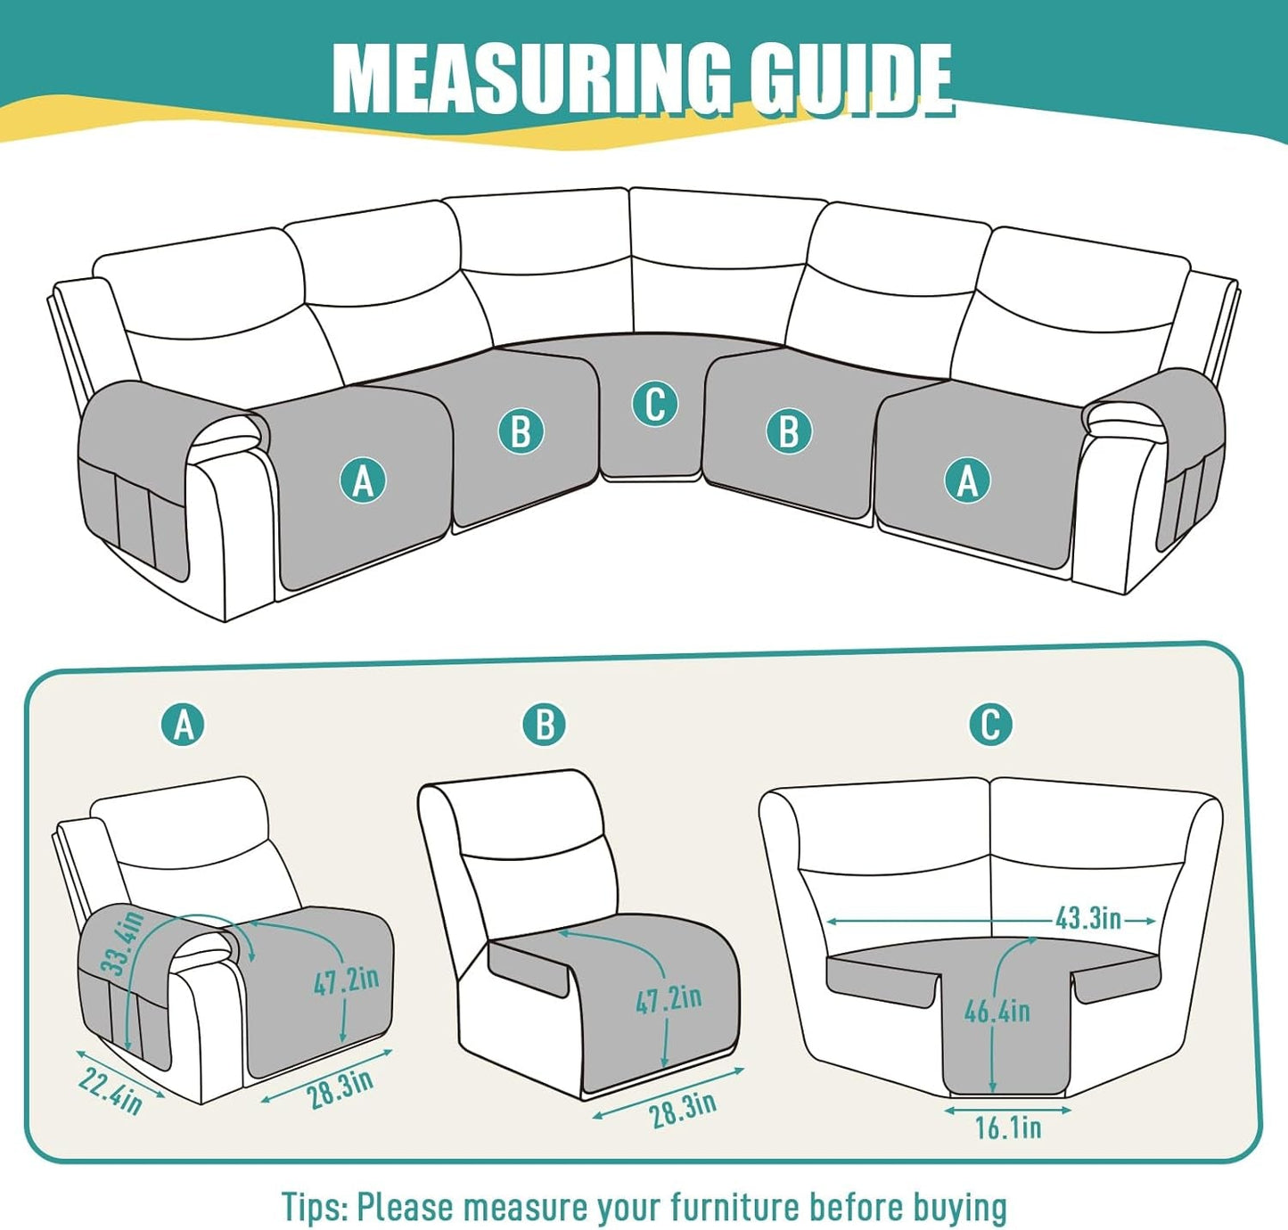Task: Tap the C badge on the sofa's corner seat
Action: click(654, 404)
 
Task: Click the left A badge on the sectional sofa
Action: click(363, 481)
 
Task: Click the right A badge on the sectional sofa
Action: click(967, 481)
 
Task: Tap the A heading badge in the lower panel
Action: click(184, 725)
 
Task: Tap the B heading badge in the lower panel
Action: click(545, 725)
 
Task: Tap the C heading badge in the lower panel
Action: click(990, 725)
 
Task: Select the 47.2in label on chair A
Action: click(346, 980)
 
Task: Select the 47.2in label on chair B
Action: click(669, 999)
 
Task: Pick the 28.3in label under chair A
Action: click(340, 1090)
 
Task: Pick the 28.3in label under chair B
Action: click(683, 1110)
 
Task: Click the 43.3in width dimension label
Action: click(1087, 919)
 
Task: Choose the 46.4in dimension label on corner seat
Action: click(997, 1011)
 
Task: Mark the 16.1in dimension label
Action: click(1007, 1127)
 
